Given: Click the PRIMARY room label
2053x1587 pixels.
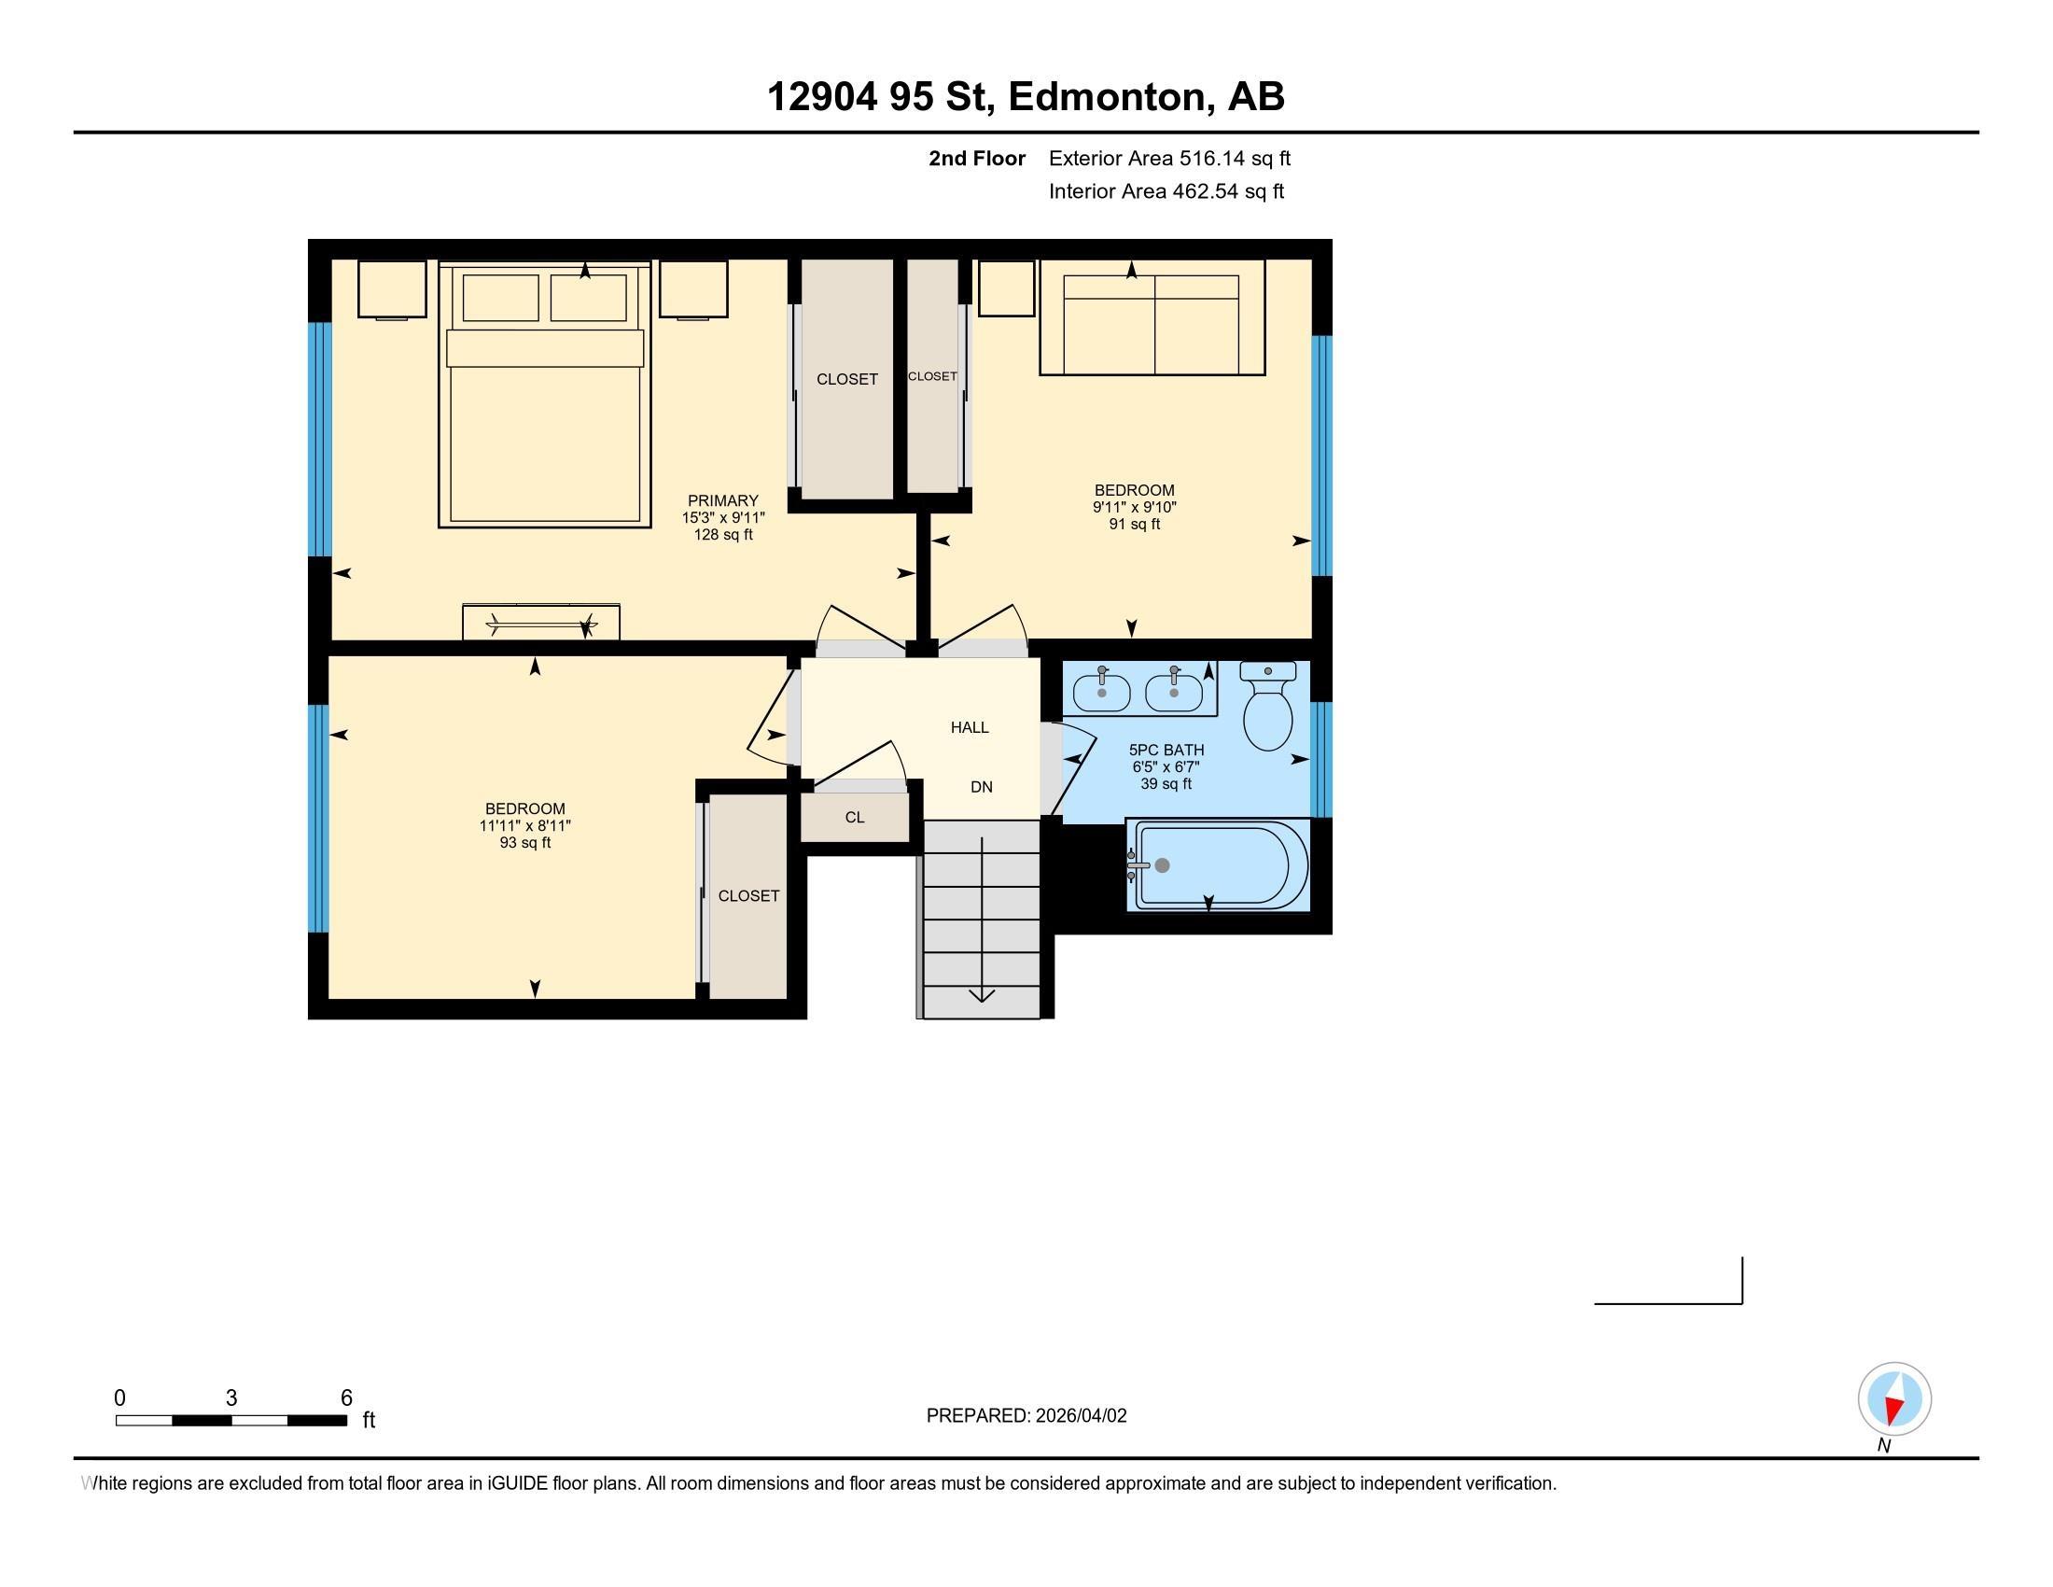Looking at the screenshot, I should [x=722, y=500].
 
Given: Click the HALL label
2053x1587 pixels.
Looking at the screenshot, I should [x=970, y=726].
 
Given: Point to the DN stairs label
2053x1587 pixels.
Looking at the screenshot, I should [x=982, y=787].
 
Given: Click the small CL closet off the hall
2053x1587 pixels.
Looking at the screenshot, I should [x=855, y=817].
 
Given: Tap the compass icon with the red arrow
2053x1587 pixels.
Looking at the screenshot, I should [x=1893, y=1399].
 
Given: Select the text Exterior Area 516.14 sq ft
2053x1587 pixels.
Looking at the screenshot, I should [x=1169, y=158].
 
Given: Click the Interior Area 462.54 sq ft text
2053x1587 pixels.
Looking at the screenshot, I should [x=1166, y=190].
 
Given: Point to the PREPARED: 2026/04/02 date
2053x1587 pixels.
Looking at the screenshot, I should [x=1026, y=1416].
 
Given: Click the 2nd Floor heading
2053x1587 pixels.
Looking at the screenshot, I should [x=977, y=158].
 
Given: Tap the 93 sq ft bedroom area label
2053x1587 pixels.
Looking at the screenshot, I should [x=524, y=843].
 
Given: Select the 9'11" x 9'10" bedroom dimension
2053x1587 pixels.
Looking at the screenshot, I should [x=1134, y=507].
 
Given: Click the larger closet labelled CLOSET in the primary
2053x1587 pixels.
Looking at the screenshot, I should [x=846, y=379].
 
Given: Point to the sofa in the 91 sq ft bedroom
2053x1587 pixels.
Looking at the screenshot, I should [x=1152, y=319].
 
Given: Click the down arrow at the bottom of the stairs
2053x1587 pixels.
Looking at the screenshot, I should [x=983, y=994].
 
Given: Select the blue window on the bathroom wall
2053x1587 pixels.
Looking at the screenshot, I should [x=1321, y=760].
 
